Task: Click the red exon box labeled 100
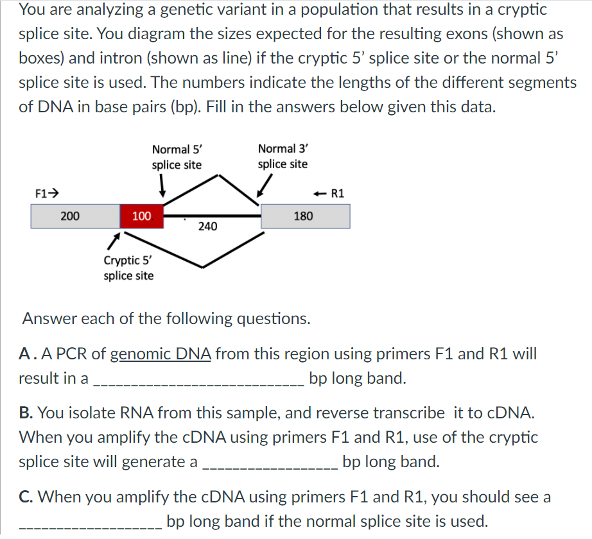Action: [141, 216]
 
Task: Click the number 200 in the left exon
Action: [70, 216]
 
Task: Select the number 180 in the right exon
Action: [303, 216]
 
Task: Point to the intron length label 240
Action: [207, 227]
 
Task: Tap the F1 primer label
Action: [47, 191]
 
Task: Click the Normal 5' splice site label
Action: [177, 157]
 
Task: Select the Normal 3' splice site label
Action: [283, 157]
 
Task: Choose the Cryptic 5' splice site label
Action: [128, 268]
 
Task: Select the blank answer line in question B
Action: [268, 466]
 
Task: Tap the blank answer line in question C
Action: [90, 526]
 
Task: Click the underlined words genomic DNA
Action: [161, 354]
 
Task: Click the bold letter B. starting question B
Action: [26, 413]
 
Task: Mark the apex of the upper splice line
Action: [220, 175]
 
